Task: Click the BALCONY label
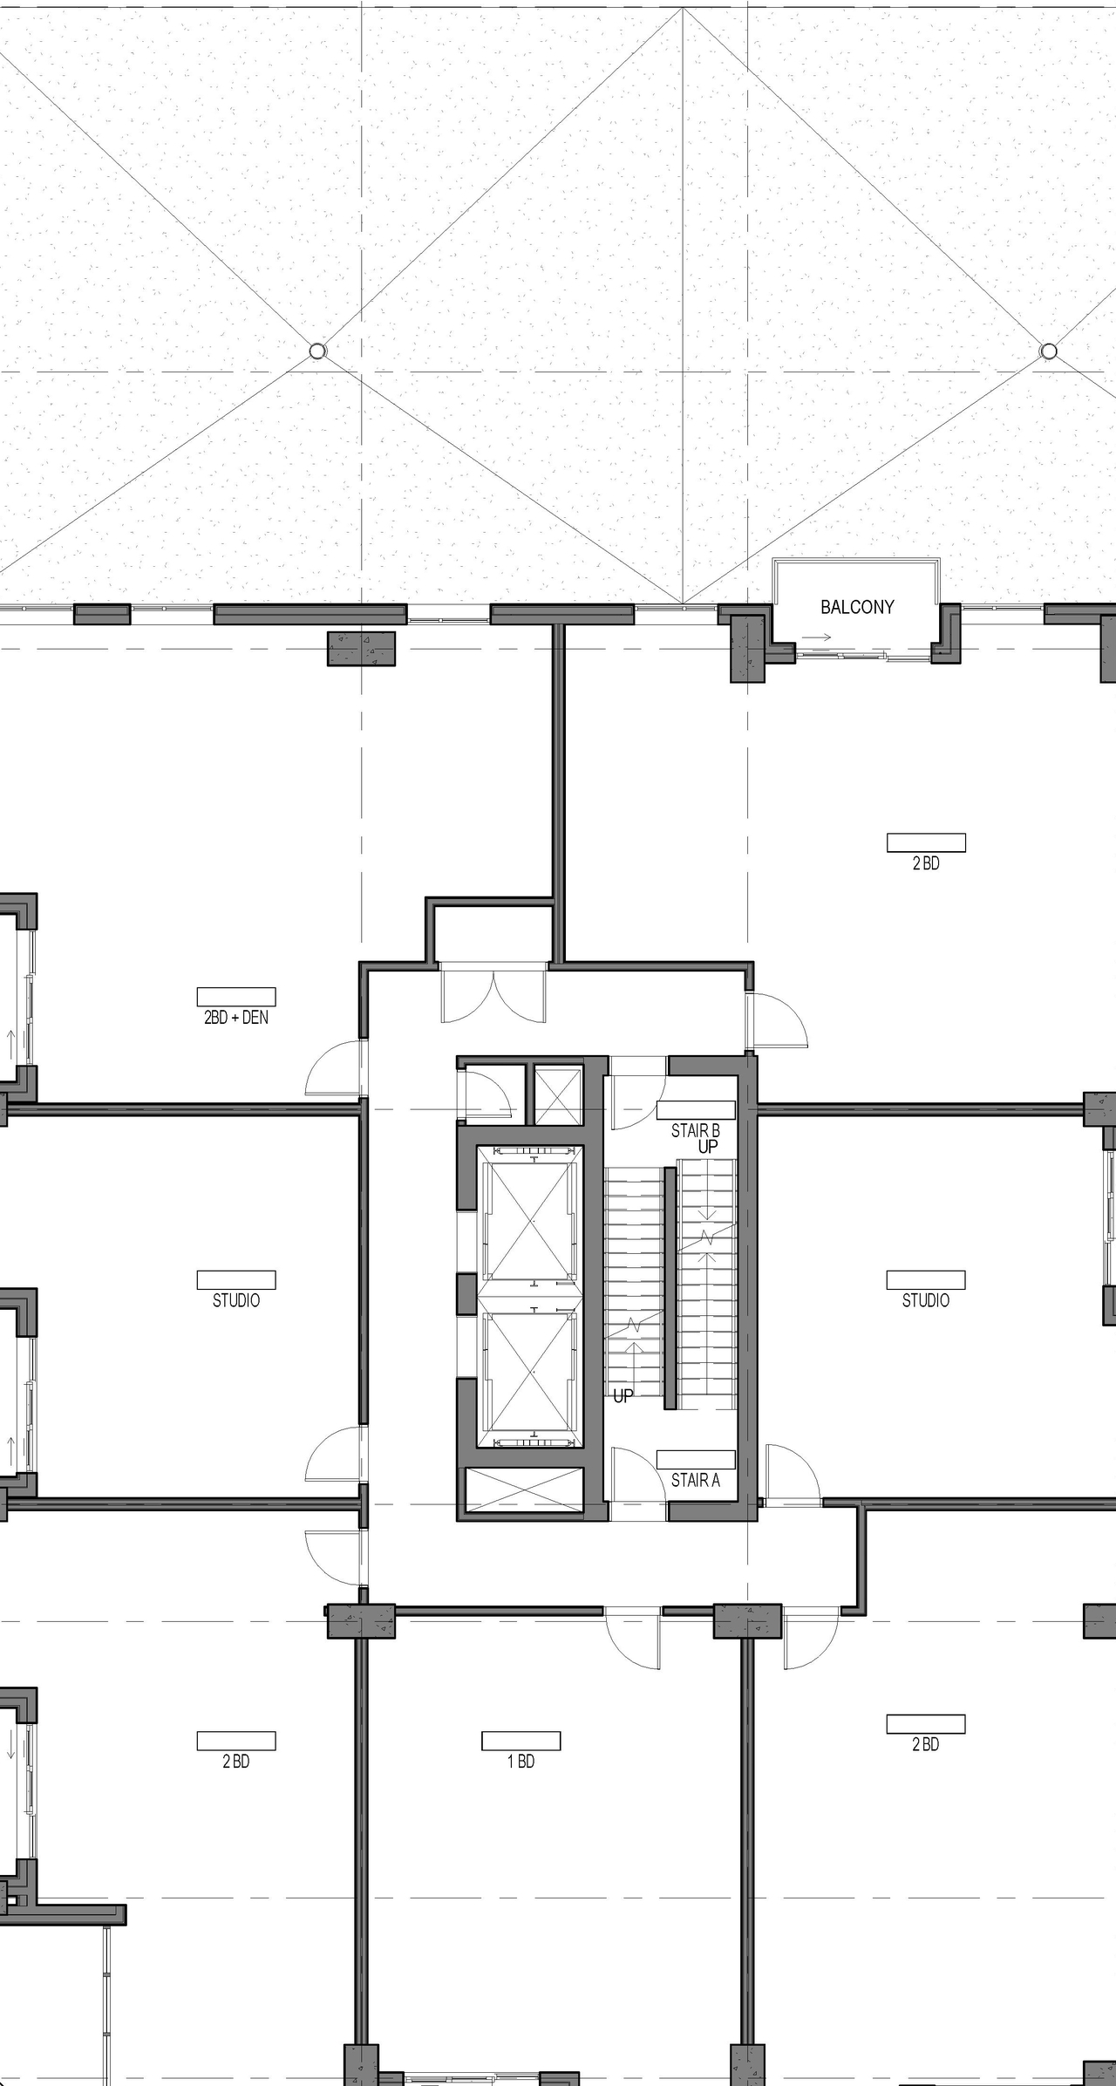(x=857, y=607)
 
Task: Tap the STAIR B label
(x=695, y=1131)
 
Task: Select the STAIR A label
(x=695, y=1480)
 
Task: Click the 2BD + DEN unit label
(x=236, y=1017)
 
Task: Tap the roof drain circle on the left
(x=317, y=351)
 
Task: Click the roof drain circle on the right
(x=1049, y=351)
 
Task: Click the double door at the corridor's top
(x=494, y=994)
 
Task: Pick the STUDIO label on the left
(x=236, y=1300)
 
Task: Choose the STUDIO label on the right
(x=925, y=1300)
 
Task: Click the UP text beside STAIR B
(x=708, y=1147)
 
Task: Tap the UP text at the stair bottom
(x=623, y=1396)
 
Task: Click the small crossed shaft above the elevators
(x=557, y=1094)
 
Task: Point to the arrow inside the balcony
(x=816, y=637)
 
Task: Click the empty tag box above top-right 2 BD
(x=926, y=842)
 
